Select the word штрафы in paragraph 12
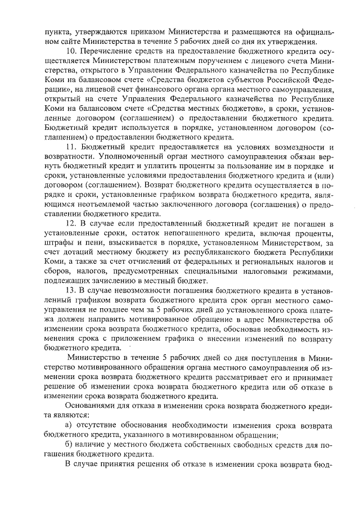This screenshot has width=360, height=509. tap(60, 244)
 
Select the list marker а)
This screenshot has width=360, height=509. tap(71, 424)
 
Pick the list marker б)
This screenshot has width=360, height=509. tap(71, 444)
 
